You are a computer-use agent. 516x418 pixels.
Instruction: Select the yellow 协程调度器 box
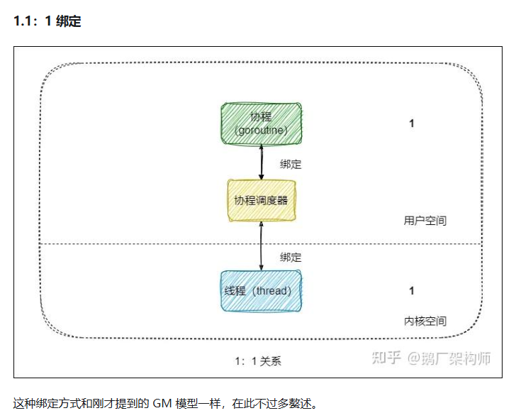tap(262, 200)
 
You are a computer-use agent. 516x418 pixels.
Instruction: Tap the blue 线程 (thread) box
tap(262, 291)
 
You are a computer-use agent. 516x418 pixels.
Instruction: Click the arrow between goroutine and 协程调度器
tap(262, 160)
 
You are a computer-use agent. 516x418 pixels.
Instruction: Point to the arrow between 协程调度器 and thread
tap(262, 246)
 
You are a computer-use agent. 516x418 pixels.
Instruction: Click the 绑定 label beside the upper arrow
tap(291, 164)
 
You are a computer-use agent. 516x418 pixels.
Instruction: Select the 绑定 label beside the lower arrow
tap(291, 258)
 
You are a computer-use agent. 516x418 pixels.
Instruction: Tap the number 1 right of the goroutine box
tap(411, 123)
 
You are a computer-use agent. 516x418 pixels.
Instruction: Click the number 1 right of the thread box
tap(411, 291)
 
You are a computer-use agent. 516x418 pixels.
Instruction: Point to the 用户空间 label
tap(425, 221)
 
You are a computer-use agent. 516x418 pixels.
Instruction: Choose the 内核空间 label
tap(425, 321)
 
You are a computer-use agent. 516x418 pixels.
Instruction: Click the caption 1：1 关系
tap(258, 361)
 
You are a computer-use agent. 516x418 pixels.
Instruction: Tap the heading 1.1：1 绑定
tap(47, 21)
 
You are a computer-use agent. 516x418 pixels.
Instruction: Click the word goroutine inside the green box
tap(262, 130)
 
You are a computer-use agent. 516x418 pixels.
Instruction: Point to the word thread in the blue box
tap(273, 291)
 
